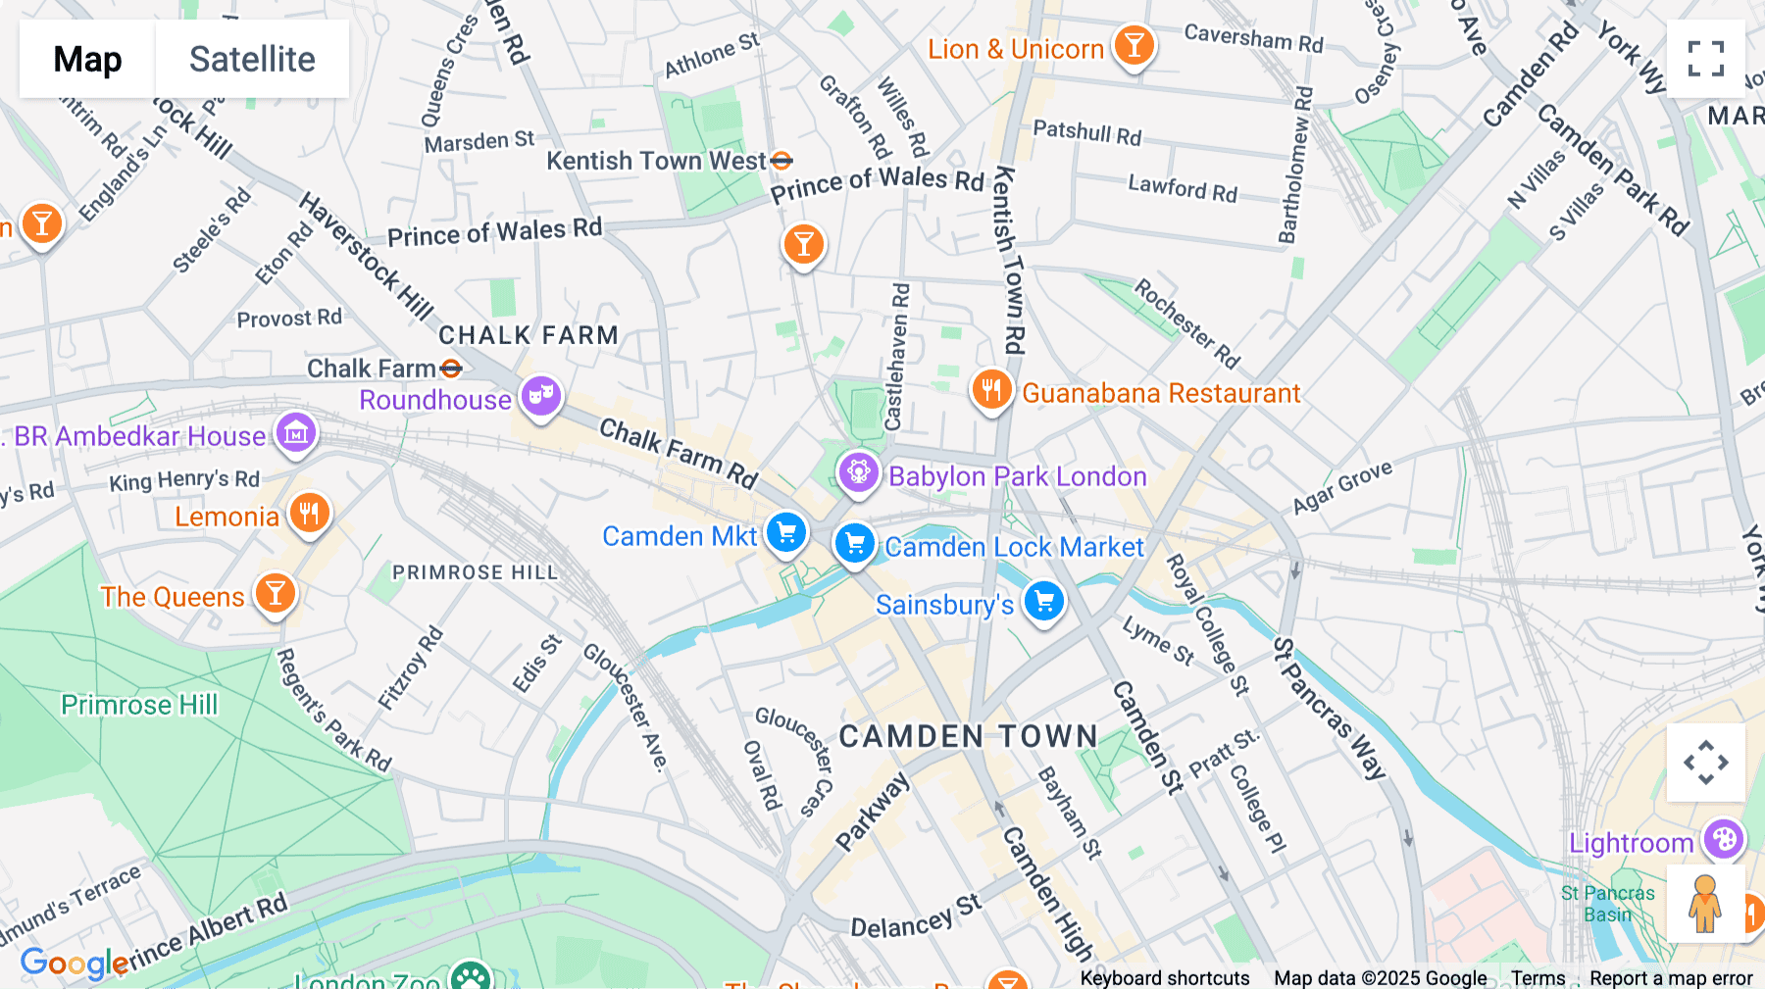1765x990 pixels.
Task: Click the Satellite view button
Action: [x=252, y=59]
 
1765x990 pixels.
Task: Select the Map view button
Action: [x=87, y=59]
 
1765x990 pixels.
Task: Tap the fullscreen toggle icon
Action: [x=1705, y=59]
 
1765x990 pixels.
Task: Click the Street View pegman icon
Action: [x=1705, y=903]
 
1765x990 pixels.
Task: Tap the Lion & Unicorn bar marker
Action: [x=1135, y=45]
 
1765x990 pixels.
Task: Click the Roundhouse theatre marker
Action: [x=540, y=396]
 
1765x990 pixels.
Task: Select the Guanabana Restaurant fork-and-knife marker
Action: [x=991, y=390]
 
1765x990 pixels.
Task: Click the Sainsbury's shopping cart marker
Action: [x=1043, y=601]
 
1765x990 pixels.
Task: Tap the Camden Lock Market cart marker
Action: [x=854, y=542]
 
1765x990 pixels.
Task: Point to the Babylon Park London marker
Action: [x=858, y=472]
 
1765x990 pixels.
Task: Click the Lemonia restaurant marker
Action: [x=309, y=513]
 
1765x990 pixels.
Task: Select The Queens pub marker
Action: [x=276, y=593]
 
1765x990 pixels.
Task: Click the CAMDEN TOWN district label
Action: [x=968, y=736]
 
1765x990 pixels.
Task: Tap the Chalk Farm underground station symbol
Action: [x=451, y=369]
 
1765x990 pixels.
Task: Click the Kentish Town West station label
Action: [x=656, y=161]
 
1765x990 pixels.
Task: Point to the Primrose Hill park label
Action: [x=139, y=705]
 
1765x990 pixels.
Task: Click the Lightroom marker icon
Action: [x=1723, y=839]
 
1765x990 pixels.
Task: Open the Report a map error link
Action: [x=1671, y=978]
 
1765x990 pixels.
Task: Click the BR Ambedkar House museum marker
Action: [x=296, y=432]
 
